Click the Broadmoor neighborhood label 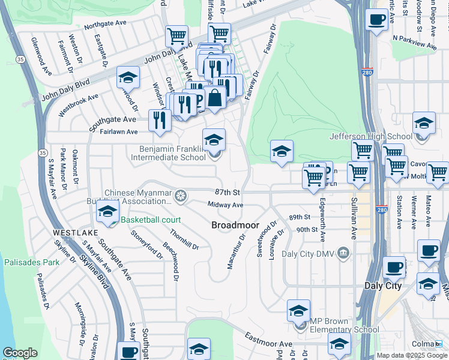(x=235, y=225)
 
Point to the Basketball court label (x=150, y=220)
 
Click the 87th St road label (x=228, y=192)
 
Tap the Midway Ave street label (x=225, y=205)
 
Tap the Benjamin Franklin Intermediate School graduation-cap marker (x=214, y=140)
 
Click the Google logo (x=20, y=353)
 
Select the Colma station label (x=423, y=344)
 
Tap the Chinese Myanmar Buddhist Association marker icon (x=179, y=196)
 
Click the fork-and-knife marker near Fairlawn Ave (x=159, y=120)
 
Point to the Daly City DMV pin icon (x=343, y=253)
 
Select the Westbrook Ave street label (x=78, y=105)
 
